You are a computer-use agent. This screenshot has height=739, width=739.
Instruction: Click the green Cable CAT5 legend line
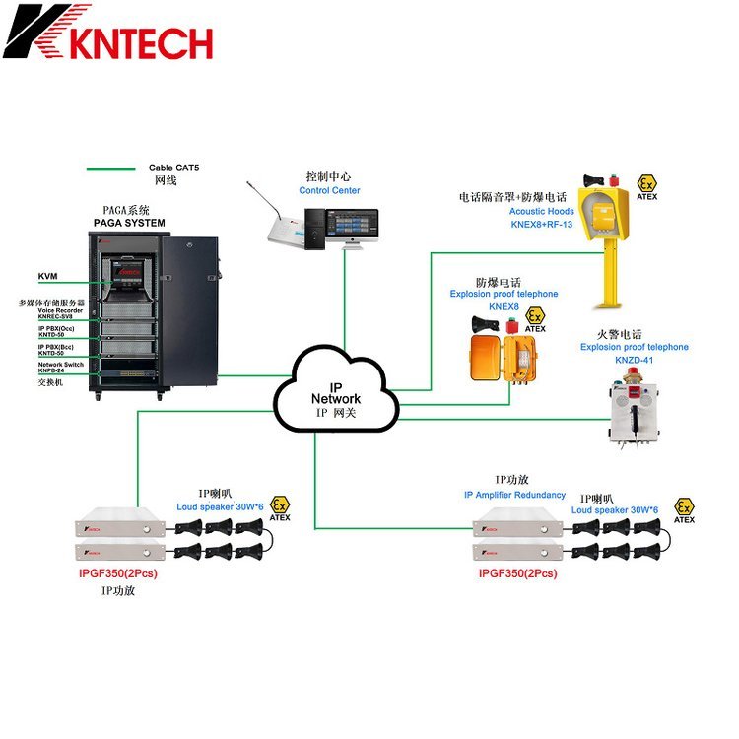coord(110,168)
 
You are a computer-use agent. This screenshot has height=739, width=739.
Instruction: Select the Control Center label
coord(329,191)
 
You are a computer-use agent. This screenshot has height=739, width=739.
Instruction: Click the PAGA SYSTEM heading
coord(129,223)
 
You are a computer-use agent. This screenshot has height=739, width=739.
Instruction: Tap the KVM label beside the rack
coord(47,277)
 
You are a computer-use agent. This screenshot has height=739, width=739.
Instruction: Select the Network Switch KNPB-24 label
coord(60,368)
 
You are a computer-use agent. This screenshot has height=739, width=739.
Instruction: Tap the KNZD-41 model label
coord(634,361)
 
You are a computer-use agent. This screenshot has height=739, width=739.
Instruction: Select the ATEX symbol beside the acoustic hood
coord(647,186)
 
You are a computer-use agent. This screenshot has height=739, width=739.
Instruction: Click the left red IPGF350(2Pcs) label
coord(117,572)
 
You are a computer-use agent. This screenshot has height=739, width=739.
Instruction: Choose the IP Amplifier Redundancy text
coord(514,495)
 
